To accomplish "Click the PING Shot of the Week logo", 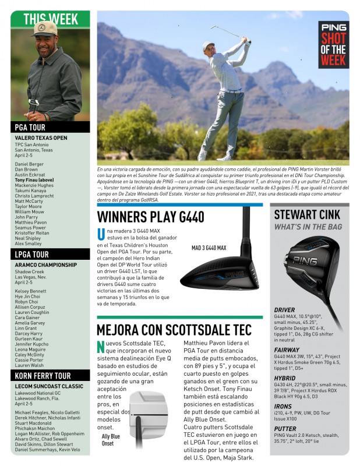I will click(333, 44).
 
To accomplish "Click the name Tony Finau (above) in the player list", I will click(34, 181).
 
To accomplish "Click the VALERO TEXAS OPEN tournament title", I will click(41, 138).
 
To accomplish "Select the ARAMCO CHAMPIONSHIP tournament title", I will click(45, 265).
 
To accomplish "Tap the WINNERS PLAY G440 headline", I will click(150, 217).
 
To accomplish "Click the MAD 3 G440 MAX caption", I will click(209, 248).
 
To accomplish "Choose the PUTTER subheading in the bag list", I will click(285, 428).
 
